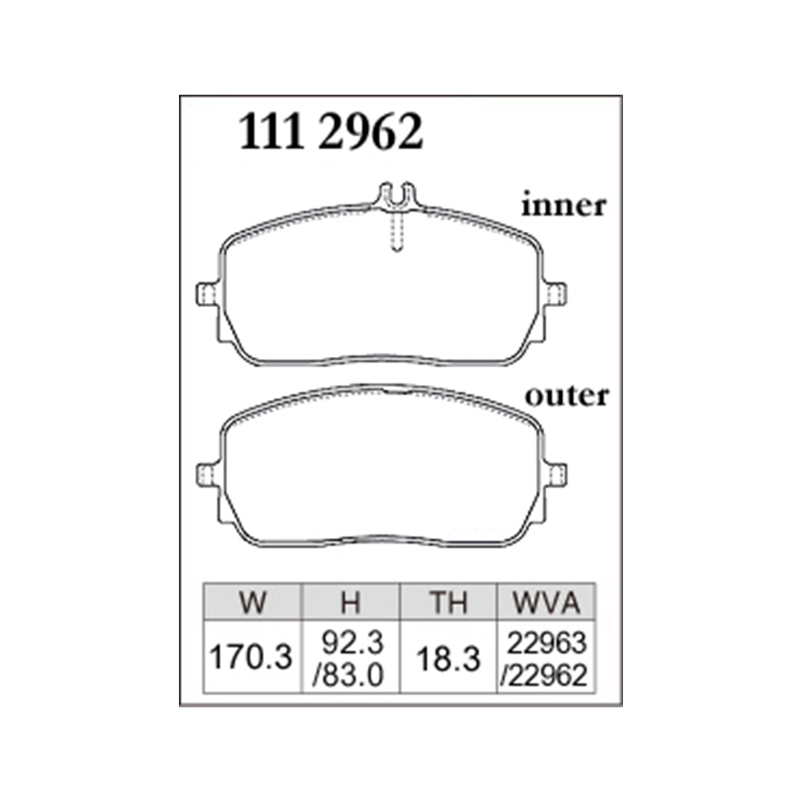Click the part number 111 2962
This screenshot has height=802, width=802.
tap(331, 132)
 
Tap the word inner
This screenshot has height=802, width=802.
tap(564, 205)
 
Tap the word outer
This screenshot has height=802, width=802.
tap(567, 396)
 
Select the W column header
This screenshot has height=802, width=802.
tap(253, 602)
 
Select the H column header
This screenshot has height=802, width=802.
tap(351, 602)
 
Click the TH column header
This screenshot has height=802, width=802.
tap(448, 602)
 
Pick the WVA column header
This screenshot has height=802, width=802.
tap(546, 602)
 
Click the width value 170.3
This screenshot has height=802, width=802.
tap(251, 657)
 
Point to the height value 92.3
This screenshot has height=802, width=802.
tap(352, 642)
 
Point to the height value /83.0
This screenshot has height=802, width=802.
tap(348, 675)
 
